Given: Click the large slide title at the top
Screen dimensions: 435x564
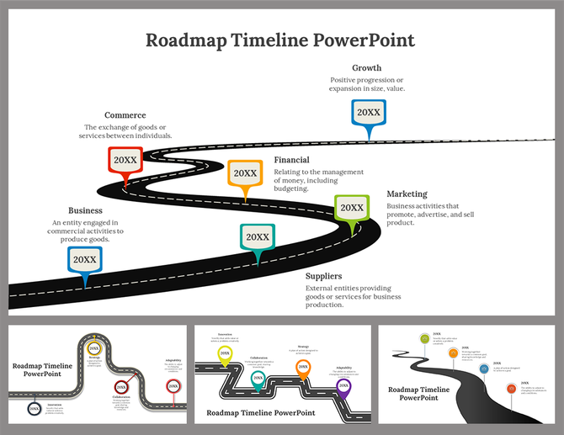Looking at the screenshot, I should click(x=280, y=40).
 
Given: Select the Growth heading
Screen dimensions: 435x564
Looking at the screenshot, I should click(x=366, y=67).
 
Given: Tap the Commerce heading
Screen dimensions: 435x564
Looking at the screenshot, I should click(x=125, y=115).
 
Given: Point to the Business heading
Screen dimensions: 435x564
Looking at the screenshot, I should click(x=85, y=210).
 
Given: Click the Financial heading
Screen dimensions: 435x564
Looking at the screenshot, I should click(x=291, y=160).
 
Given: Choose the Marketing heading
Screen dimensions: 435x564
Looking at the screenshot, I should click(x=407, y=194).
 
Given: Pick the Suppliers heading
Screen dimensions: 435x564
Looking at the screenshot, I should click(x=323, y=276).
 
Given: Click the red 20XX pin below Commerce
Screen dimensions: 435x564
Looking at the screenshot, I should click(x=125, y=160).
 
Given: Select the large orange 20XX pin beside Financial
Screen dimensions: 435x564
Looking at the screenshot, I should click(x=245, y=173).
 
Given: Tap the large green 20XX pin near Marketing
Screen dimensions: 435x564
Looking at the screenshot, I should click(x=351, y=208).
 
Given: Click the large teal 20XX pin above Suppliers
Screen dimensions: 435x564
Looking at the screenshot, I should click(x=257, y=238).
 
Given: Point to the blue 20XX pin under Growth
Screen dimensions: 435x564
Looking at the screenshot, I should click(x=368, y=113).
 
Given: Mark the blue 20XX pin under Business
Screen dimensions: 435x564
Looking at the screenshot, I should click(x=84, y=260).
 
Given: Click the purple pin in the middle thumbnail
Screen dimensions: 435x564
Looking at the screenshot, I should click(x=343, y=386).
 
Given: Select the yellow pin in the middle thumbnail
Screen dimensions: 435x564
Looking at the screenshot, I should click(x=225, y=354).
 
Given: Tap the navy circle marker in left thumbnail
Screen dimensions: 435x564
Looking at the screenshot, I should click(x=34, y=409).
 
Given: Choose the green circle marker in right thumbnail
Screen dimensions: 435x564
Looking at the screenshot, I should click(x=425, y=338).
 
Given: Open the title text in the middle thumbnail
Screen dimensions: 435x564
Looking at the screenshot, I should click(x=260, y=412).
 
